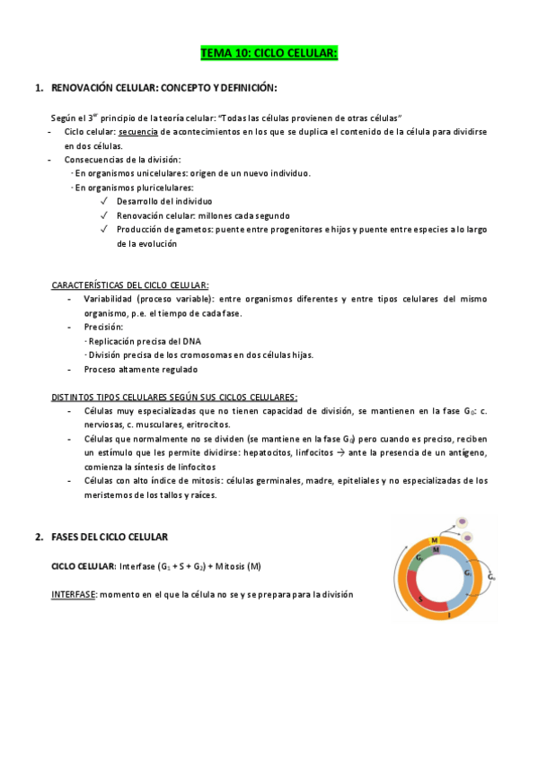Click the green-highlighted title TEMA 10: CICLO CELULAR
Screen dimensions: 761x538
pyautogui.click(x=269, y=54)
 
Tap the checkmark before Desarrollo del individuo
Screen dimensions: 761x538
pyautogui.click(x=105, y=202)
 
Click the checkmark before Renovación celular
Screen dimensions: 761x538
pyautogui.click(x=105, y=216)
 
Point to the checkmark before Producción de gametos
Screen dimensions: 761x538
pyautogui.click(x=105, y=230)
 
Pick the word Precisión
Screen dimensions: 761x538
pyautogui.click(x=104, y=328)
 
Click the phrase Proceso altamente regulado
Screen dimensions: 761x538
pyautogui.click(x=141, y=369)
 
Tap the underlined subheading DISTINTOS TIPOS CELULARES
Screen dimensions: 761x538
pyautogui.click(x=173, y=397)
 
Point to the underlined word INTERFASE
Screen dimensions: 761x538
pyautogui.click(x=74, y=595)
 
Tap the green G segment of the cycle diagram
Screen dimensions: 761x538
pyautogui.click(x=420, y=559)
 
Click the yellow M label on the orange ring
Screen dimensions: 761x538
pyautogui.click(x=435, y=539)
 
